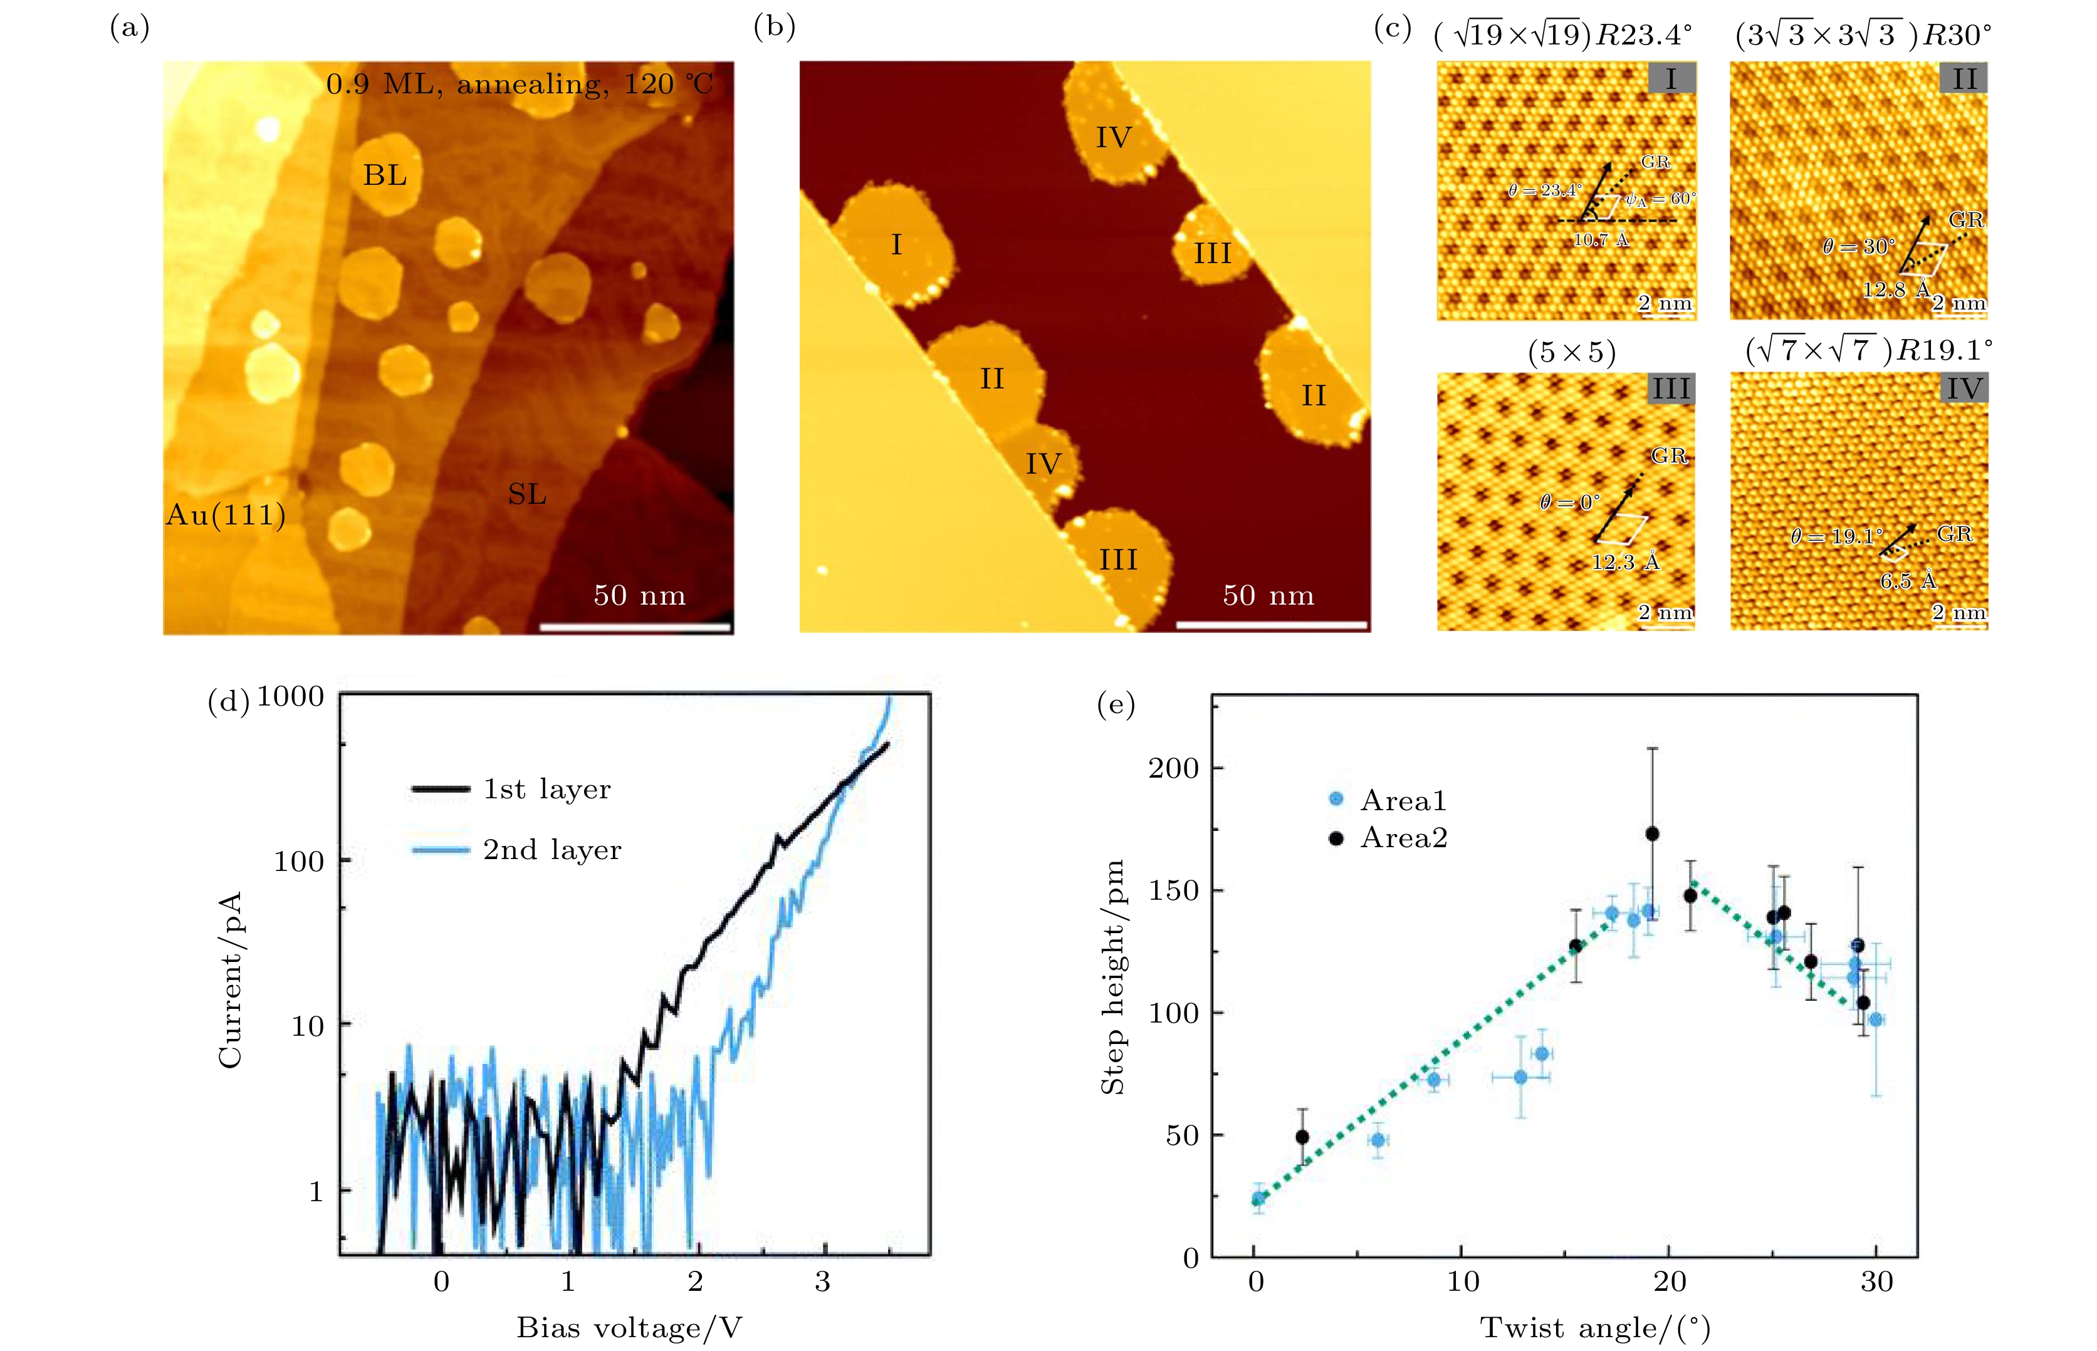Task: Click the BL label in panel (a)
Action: coord(385,175)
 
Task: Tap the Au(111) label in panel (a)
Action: coord(226,515)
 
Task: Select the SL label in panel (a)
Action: coord(526,495)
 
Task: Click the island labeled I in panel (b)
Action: coord(896,245)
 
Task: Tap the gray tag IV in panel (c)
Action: coord(1964,389)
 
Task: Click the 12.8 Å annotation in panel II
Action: coord(1896,289)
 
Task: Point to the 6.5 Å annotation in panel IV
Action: coord(1908,581)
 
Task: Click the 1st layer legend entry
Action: coord(546,790)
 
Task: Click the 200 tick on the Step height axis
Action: coord(1173,768)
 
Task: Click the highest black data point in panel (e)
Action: coord(1652,833)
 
